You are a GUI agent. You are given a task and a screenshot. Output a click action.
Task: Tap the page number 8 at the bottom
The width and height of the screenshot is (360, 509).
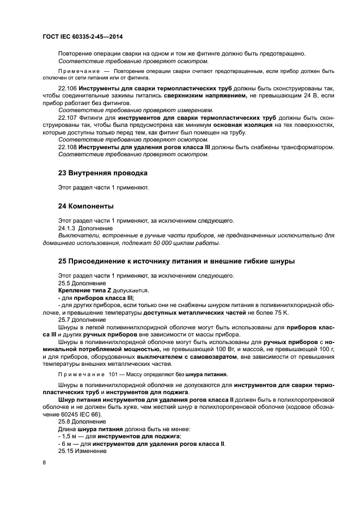click(44, 462)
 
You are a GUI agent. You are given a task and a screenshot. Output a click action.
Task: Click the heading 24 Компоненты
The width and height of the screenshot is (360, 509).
click(86, 206)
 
